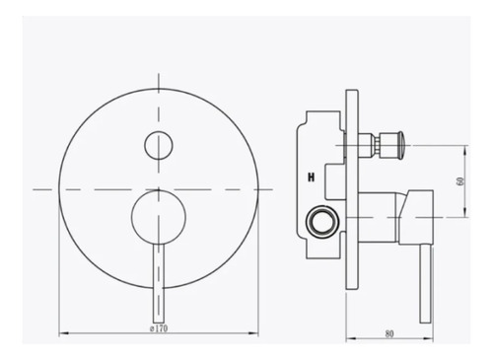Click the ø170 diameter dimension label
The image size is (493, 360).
159,328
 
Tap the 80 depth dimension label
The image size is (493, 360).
389,333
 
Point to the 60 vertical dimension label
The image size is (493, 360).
460,181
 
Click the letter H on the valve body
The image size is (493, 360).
311,178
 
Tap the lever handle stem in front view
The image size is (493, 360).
159,283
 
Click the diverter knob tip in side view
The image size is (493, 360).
400,145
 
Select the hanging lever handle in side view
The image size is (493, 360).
425,284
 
